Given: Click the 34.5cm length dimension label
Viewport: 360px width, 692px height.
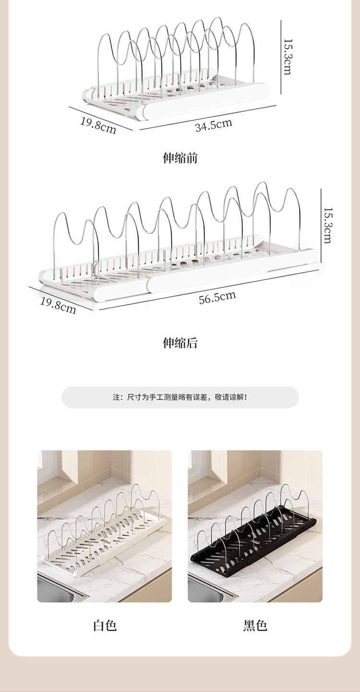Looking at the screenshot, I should pyautogui.click(x=214, y=125).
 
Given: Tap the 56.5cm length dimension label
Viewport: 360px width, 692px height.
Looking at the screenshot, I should pyautogui.click(x=217, y=298).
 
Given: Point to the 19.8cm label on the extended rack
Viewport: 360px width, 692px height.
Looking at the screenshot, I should pyautogui.click(x=58, y=305).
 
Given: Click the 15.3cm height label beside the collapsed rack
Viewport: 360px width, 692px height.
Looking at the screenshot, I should pyautogui.click(x=288, y=57).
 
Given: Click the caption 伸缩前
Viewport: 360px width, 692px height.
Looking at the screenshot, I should pyautogui.click(x=180, y=158).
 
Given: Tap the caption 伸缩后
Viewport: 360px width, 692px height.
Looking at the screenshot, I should pyautogui.click(x=180, y=343).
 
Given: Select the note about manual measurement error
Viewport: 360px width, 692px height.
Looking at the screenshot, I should pyautogui.click(x=180, y=397).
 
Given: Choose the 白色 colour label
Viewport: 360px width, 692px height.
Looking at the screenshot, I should pyautogui.click(x=105, y=625).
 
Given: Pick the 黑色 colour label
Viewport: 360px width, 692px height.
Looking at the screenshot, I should pyautogui.click(x=255, y=625).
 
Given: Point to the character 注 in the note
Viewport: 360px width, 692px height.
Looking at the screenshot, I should pyautogui.click(x=116, y=397).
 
